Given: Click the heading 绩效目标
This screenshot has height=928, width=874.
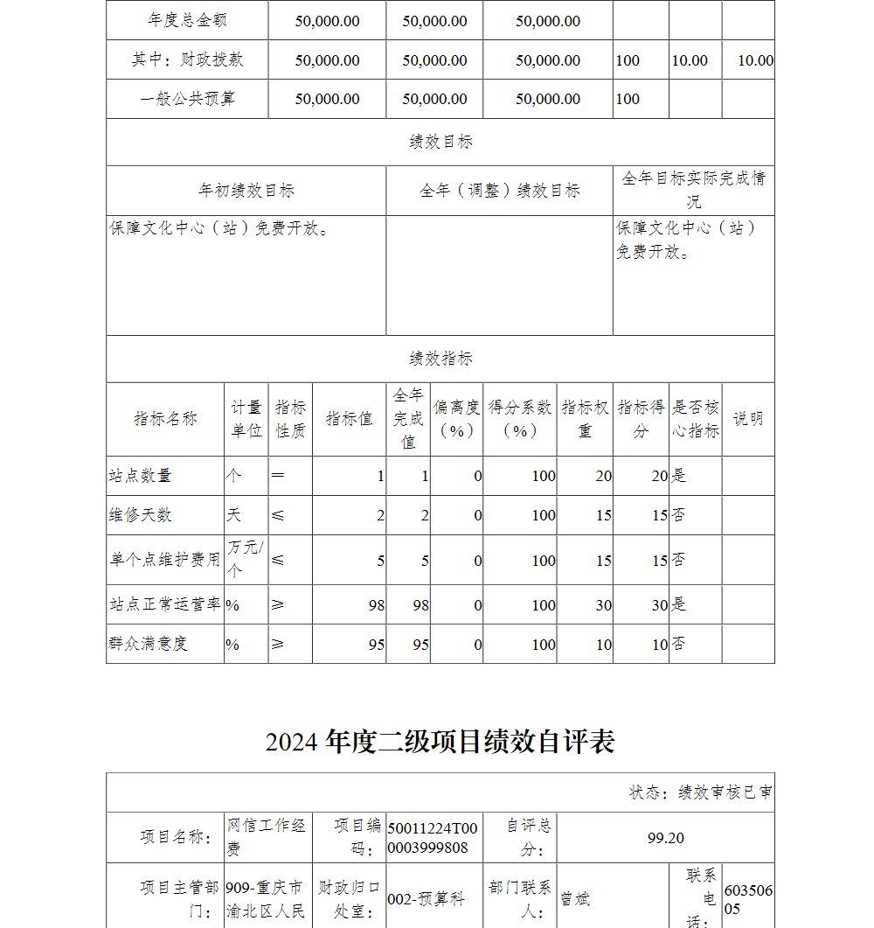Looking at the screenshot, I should point(440,142).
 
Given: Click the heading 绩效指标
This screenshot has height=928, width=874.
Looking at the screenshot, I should point(440,359).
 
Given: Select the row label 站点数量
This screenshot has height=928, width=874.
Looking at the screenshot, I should point(140,476).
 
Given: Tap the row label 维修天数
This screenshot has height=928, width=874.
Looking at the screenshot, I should point(140,515).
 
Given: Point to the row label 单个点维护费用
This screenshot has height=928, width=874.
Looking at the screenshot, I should point(164,560).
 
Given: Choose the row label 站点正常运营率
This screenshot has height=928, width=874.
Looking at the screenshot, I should point(164,604).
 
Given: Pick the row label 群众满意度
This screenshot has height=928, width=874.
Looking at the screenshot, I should point(148,644).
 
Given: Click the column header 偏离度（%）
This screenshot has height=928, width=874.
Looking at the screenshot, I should point(456,419).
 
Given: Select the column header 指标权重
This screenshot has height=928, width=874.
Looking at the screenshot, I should point(585,419).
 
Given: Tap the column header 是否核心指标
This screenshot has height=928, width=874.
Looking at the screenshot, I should point(695,419).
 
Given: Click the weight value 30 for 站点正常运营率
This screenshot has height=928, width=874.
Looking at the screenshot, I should point(603,604).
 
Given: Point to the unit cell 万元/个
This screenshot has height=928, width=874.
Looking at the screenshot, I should point(245,559).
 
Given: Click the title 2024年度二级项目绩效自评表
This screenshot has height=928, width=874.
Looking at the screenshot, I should point(440,742).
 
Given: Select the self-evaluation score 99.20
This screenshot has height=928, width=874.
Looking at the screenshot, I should point(666,838).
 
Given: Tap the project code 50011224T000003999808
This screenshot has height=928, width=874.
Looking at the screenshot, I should point(433,838).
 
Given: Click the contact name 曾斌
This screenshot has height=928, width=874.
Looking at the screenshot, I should point(575,899).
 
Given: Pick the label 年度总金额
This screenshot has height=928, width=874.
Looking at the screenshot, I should point(188,20).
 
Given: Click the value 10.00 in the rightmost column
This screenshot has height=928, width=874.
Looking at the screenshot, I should point(755,60).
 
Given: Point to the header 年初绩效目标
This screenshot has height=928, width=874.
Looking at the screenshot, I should point(246,191).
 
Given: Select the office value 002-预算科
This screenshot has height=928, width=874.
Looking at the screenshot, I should point(426,899).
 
